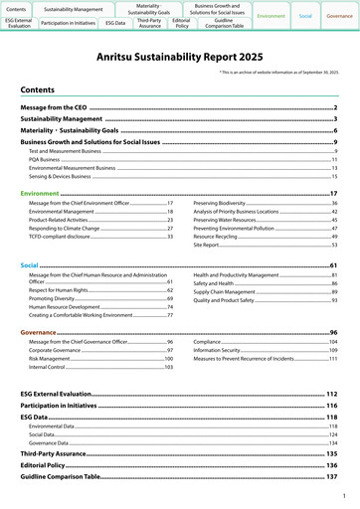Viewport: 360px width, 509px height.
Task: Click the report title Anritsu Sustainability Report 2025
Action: click(x=179, y=60)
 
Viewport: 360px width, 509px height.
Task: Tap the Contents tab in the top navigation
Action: click(x=18, y=7)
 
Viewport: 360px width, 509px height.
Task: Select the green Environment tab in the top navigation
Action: click(x=270, y=17)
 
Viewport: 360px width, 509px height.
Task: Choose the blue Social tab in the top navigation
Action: click(x=305, y=17)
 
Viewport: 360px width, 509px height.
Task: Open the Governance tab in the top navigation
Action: click(x=339, y=17)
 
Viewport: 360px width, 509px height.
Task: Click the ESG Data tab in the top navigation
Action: click(x=114, y=21)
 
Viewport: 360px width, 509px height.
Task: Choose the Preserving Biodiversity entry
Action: click(x=220, y=203)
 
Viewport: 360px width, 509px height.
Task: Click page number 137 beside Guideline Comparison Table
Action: click(x=332, y=477)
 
